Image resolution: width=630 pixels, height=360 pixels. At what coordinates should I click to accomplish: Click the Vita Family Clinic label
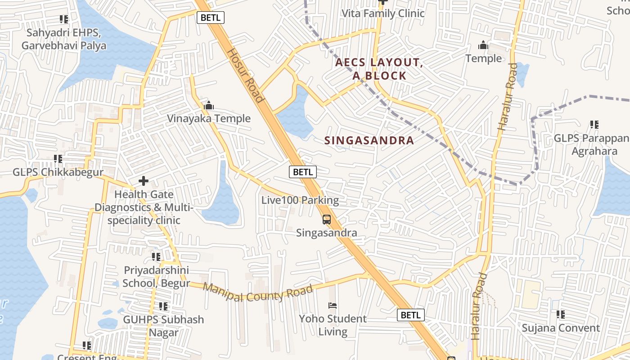click(x=383, y=13)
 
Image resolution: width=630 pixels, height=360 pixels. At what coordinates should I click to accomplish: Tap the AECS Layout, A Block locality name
click(x=379, y=69)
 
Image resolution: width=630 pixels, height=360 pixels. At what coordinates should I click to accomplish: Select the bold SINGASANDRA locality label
click(x=369, y=140)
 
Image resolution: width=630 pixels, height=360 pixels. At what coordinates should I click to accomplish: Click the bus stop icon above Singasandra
click(x=327, y=220)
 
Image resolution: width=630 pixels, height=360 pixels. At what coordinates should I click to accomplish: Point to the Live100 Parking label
click(x=300, y=200)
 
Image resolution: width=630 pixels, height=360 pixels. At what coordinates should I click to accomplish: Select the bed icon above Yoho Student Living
click(x=333, y=306)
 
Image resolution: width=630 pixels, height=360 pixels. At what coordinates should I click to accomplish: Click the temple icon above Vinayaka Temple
click(x=209, y=106)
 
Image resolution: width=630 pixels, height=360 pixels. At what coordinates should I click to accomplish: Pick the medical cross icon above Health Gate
click(x=144, y=181)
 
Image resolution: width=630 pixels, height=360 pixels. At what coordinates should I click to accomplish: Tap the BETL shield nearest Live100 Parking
click(x=303, y=171)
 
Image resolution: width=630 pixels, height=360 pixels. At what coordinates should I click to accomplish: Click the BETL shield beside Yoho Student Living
click(x=410, y=315)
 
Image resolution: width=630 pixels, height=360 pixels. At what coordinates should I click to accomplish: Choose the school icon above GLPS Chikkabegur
click(x=58, y=159)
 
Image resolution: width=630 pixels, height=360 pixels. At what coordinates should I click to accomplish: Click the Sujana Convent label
click(x=560, y=328)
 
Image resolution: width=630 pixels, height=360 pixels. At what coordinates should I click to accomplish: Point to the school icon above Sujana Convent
click(x=560, y=315)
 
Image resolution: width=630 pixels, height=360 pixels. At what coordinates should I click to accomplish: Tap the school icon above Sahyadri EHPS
click(x=64, y=19)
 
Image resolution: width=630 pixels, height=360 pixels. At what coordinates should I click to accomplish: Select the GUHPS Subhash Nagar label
click(x=163, y=326)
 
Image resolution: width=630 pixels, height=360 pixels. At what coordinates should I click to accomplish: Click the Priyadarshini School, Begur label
click(x=156, y=277)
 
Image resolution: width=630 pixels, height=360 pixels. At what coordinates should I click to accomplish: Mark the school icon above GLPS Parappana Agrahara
click(x=594, y=125)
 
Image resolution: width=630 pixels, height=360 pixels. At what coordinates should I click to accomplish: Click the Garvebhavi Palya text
click(x=64, y=45)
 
